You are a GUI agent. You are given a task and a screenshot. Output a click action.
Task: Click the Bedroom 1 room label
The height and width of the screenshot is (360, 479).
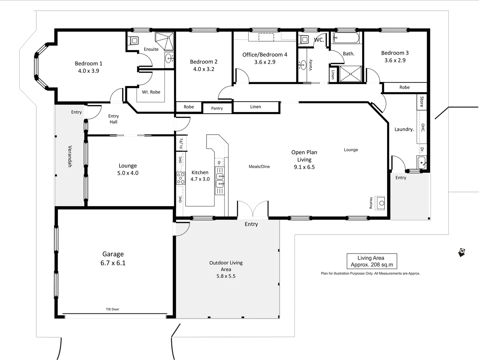(88, 63)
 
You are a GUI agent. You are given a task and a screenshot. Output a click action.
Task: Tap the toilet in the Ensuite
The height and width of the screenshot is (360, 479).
(134, 41)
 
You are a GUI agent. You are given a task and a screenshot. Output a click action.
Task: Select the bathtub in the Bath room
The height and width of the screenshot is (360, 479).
(346, 38)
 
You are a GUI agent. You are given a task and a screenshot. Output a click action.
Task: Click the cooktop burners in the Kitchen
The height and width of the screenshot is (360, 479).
(181, 178)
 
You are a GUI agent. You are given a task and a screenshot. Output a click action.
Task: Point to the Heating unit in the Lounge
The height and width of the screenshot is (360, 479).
(380, 203)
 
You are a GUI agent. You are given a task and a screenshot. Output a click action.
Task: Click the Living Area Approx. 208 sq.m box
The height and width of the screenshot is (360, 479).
(372, 261)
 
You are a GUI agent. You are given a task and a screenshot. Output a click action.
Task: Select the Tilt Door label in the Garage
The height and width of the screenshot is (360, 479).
(112, 309)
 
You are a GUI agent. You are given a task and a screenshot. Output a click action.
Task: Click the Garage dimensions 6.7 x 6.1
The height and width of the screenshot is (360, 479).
(113, 263)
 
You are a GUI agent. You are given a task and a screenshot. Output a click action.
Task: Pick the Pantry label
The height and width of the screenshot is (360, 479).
(217, 108)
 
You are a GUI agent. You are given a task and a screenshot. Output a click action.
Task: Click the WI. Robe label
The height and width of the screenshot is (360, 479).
(151, 92)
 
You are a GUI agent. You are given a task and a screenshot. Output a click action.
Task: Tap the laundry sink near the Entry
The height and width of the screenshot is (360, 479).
(421, 163)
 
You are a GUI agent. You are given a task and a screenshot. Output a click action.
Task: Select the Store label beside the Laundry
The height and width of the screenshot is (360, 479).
(422, 101)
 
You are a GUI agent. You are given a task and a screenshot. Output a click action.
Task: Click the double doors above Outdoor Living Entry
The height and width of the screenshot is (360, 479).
(252, 209)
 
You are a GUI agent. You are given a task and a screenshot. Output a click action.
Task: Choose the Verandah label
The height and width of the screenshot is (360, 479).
(70, 156)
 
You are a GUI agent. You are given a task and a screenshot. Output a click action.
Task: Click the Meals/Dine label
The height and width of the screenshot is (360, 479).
(259, 167)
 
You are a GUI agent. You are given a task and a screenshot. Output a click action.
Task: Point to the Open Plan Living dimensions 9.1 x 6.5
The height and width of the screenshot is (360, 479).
(304, 167)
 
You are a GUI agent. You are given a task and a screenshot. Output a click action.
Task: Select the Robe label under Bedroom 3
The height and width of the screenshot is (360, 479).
(404, 87)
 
